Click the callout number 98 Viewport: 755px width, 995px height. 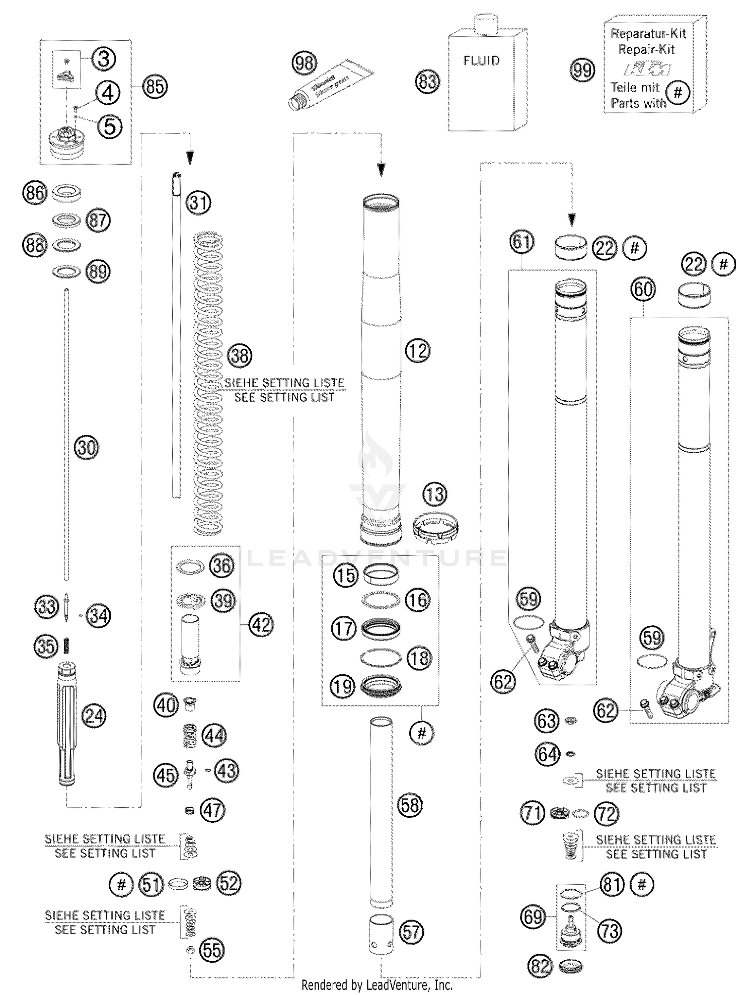click(304, 63)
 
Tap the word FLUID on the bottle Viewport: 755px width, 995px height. click(482, 61)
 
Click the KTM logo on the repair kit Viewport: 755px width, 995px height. click(647, 69)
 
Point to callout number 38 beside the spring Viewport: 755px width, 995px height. click(240, 356)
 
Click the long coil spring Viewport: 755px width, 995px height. click(208, 383)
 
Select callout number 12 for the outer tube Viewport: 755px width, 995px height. click(417, 350)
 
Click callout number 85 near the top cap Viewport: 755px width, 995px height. click(155, 87)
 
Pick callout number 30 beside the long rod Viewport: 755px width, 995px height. click(87, 447)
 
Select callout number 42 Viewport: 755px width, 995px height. click(261, 625)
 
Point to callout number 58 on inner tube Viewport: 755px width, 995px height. click(410, 805)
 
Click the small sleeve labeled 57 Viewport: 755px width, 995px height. click(381, 934)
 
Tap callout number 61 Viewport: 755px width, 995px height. click(521, 242)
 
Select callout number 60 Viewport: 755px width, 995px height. click(643, 290)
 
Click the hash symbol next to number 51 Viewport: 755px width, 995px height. click(121, 885)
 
